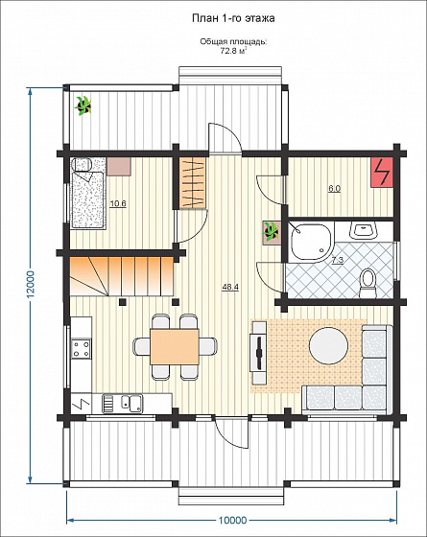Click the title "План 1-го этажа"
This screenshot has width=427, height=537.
(x=233, y=18)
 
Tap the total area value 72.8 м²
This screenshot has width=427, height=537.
(x=233, y=52)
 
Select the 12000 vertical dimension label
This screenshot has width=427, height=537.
(x=31, y=285)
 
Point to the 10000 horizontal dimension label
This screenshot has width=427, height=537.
(x=232, y=520)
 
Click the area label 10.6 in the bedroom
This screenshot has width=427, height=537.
(x=118, y=203)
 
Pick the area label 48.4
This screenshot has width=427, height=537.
(x=230, y=287)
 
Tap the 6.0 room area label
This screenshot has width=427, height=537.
(x=335, y=188)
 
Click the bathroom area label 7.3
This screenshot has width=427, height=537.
(x=338, y=260)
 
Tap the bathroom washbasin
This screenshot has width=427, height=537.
(x=364, y=230)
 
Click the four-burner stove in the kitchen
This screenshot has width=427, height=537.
(x=82, y=348)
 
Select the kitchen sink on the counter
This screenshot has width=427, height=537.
(x=132, y=403)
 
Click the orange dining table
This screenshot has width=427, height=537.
(x=175, y=346)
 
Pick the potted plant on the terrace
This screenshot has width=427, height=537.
(x=83, y=105)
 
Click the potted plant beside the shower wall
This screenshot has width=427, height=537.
(x=272, y=232)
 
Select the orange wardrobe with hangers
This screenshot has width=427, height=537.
(x=193, y=182)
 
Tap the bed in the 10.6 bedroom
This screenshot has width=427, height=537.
(x=88, y=200)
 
